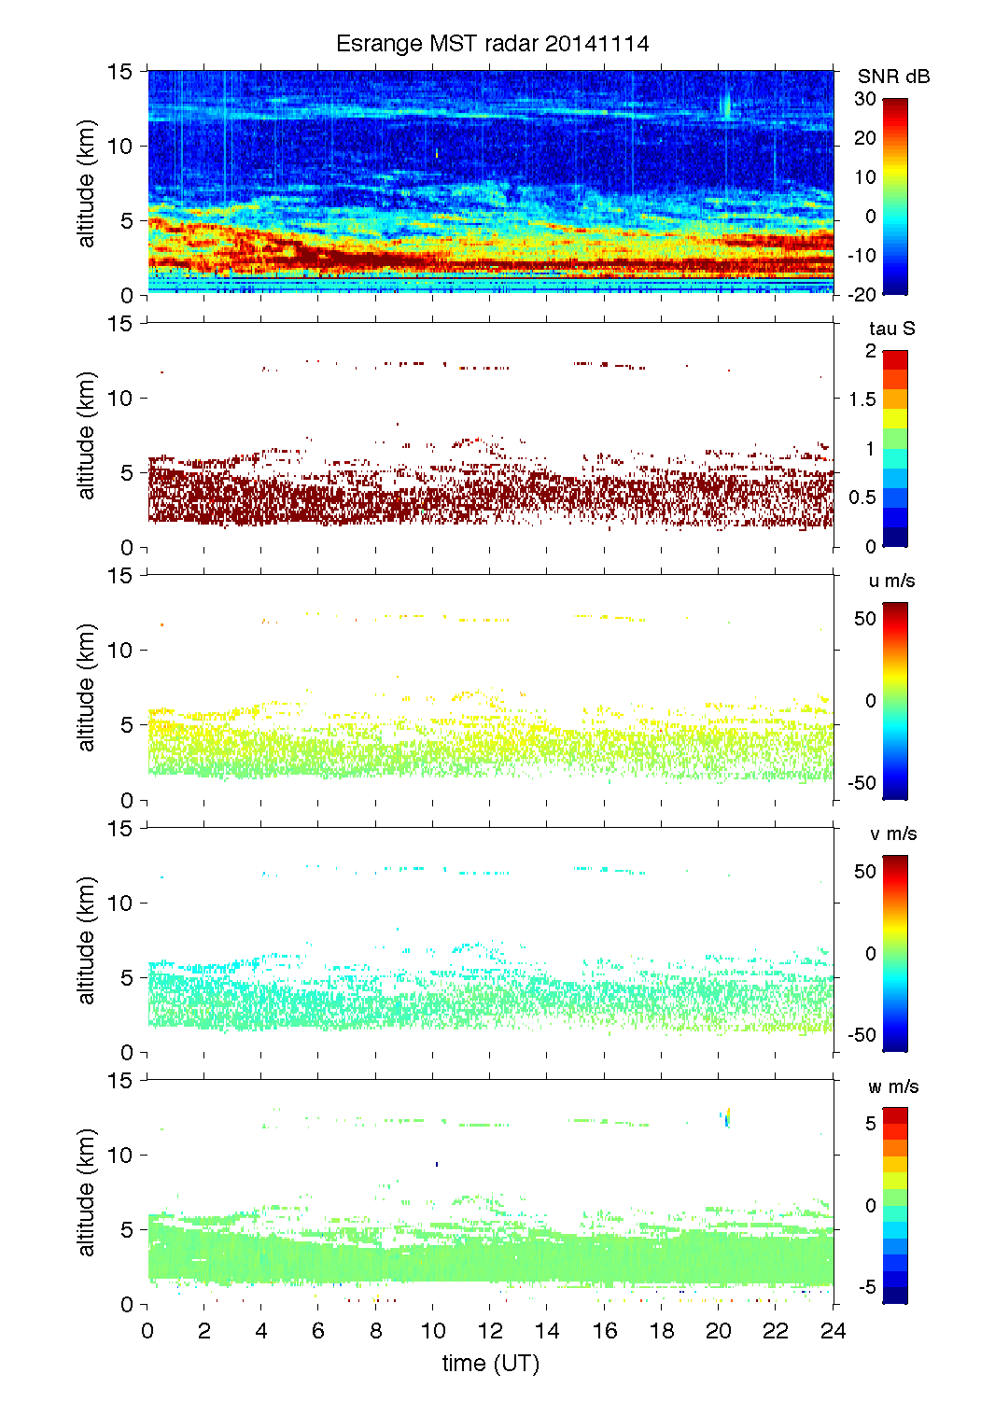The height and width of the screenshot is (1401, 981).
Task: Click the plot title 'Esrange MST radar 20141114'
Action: pos(492,44)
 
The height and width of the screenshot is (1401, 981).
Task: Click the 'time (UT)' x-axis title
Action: pos(491,1364)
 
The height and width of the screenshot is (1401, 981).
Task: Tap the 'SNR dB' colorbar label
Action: pos(893,77)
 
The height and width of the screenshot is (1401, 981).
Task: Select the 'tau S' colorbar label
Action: pos(891,329)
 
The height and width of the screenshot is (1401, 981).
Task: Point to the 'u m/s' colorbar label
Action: pos(891,581)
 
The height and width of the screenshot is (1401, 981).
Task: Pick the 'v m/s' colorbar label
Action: pos(892,834)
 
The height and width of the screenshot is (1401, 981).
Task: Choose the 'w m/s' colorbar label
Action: pos(893,1086)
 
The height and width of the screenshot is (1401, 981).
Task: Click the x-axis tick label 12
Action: pos(490,1331)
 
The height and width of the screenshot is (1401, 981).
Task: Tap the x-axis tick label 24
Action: pos(833,1331)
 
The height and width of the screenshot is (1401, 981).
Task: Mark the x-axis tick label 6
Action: pos(318,1331)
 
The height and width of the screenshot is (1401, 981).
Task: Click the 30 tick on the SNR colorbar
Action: pos(865,99)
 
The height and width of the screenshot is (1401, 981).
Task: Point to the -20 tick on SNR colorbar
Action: pos(862,295)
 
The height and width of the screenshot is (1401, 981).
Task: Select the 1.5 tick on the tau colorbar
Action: pos(862,399)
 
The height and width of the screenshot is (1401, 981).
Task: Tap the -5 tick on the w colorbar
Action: pos(866,1287)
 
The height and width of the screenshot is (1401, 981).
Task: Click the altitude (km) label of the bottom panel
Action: pos(87,1192)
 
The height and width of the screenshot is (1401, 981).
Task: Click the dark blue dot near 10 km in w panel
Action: pos(437,1164)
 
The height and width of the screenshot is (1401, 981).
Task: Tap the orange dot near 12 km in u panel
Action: pos(161,624)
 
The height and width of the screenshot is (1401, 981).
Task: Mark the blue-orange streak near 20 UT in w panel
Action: pos(725,1116)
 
